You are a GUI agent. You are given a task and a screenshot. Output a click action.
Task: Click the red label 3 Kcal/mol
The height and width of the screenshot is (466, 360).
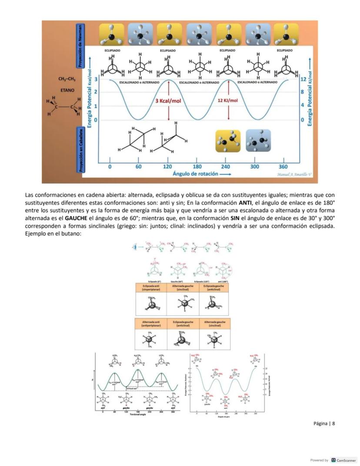coord(168,101)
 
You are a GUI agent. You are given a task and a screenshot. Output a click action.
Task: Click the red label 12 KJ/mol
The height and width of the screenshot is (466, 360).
coord(228,101)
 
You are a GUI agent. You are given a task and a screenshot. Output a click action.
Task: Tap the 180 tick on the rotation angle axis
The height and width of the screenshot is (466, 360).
coord(197,167)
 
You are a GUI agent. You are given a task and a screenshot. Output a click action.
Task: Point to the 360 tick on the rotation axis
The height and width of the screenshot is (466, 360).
coord(283,167)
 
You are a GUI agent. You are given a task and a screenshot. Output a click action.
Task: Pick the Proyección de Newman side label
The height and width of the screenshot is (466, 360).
coord(80,46)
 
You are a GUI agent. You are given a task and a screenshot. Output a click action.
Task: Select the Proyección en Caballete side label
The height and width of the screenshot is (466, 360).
coord(80,150)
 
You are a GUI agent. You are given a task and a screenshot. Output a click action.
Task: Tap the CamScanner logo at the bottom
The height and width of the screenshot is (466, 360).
coord(343,460)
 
